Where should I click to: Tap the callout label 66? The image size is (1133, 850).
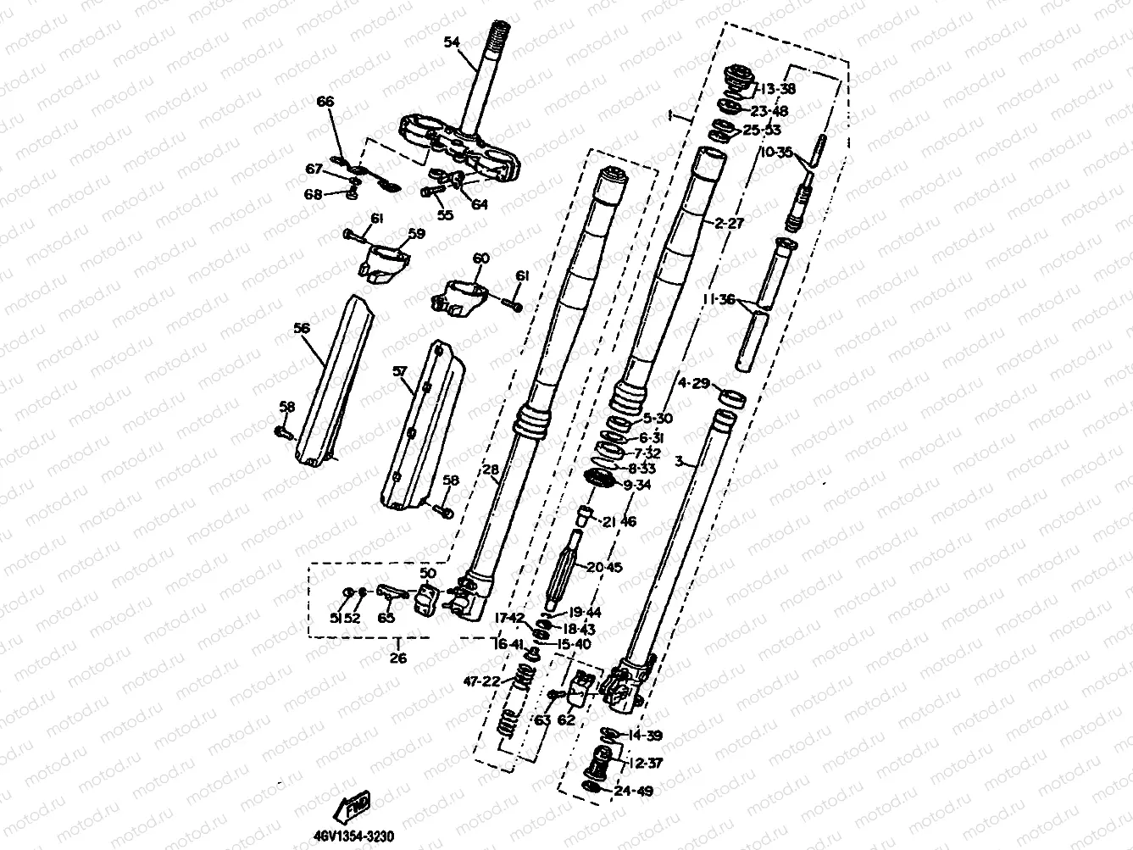[x=325, y=102]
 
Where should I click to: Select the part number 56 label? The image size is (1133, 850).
[x=301, y=328]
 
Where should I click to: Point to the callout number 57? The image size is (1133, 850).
[x=400, y=370]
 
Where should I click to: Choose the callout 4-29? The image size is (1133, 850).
[x=693, y=383]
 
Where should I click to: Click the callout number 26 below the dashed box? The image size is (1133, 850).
[x=397, y=658]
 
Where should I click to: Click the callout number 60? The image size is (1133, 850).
[x=480, y=258]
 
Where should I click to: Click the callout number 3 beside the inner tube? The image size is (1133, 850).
[x=678, y=462]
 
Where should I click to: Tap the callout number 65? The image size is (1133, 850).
[x=387, y=618]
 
